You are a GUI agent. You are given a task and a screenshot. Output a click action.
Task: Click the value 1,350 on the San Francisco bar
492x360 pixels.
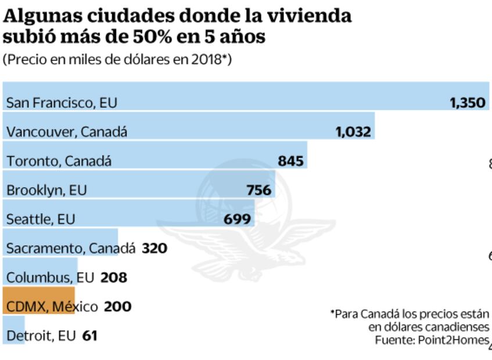tap(467, 103)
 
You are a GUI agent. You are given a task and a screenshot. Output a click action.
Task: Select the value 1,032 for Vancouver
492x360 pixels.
tap(353, 132)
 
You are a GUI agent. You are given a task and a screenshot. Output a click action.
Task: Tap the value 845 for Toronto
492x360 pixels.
tap(290, 161)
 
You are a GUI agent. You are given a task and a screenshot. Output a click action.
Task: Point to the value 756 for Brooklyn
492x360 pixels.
tap(258, 190)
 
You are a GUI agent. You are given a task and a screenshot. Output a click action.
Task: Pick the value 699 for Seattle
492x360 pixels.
tap(238, 219)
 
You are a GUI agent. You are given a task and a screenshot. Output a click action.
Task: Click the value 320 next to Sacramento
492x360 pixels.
tap(155, 249)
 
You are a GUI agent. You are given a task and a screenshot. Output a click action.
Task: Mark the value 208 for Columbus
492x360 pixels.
tap(113, 278)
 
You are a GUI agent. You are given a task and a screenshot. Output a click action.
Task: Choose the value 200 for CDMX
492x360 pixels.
tap(117, 307)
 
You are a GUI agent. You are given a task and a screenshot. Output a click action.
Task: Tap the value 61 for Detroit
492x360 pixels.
tap(89, 336)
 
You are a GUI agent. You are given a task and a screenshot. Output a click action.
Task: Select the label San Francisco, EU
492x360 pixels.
tap(62, 103)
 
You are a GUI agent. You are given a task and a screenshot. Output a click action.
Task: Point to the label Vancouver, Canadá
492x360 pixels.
tap(66, 132)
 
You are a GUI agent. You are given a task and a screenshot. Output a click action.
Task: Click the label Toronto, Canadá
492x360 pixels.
tap(59, 161)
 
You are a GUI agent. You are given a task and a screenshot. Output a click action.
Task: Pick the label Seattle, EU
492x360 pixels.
tap(41, 219)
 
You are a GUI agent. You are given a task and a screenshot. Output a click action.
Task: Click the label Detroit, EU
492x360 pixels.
tap(41, 336)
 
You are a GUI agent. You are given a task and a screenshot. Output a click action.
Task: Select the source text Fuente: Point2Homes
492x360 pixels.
tap(432, 340)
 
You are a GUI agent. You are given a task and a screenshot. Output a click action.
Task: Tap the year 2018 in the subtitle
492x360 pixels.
tap(207, 60)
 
